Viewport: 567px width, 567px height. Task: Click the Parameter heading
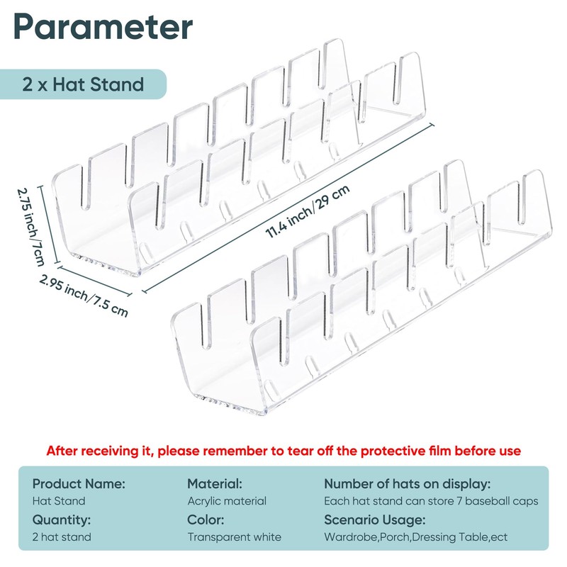click(103, 28)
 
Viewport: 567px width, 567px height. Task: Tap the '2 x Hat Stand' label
click(83, 85)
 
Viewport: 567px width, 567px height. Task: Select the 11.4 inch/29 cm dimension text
click(308, 211)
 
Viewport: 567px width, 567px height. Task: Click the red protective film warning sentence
click(283, 451)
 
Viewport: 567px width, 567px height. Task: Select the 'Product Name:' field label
click(79, 483)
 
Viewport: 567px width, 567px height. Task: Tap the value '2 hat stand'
click(62, 537)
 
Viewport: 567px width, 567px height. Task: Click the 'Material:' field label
click(215, 483)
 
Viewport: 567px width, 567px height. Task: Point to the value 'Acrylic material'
click(227, 501)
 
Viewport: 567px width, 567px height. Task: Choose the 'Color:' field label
click(206, 519)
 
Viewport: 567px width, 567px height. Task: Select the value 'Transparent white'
click(234, 537)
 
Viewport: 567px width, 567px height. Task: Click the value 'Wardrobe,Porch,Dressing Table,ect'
click(415, 537)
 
